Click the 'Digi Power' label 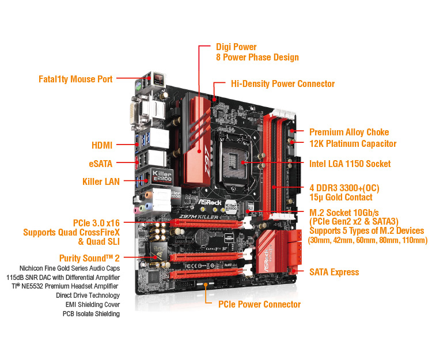click(236, 47)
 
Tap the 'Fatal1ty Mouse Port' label click(75, 79)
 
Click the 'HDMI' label click(101, 146)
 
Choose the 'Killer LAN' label click(101, 181)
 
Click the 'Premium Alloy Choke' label click(349, 132)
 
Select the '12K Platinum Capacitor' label click(353, 143)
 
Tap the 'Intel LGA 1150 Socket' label click(350, 164)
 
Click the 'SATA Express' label click(334, 272)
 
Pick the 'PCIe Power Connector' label click(259, 304)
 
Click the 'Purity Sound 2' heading click(89, 258)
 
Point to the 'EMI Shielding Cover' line click(91, 304)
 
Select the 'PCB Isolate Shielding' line click(91, 313)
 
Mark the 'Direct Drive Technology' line click(88, 295)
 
